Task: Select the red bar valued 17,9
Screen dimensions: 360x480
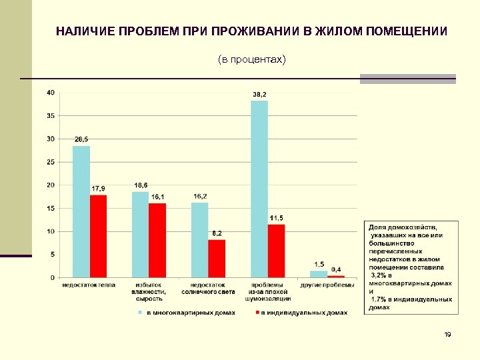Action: pyautogui.click(x=98, y=236)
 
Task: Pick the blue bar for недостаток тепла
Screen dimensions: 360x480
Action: pyautogui.click(x=81, y=211)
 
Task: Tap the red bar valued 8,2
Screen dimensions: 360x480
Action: pyautogui.click(x=217, y=259)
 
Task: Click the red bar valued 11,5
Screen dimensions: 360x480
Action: pyautogui.click(x=276, y=251)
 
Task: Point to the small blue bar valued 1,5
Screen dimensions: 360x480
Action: pyautogui.click(x=319, y=274)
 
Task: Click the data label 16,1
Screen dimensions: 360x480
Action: pyautogui.click(x=157, y=197)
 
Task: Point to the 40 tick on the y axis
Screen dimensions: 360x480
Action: pyautogui.click(x=51, y=93)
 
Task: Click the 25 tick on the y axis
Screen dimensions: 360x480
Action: pyautogui.click(x=51, y=162)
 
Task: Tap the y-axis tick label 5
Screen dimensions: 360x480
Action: pyautogui.click(x=53, y=255)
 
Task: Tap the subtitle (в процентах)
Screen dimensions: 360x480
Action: pyautogui.click(x=251, y=60)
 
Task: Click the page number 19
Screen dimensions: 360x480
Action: pyautogui.click(x=447, y=334)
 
